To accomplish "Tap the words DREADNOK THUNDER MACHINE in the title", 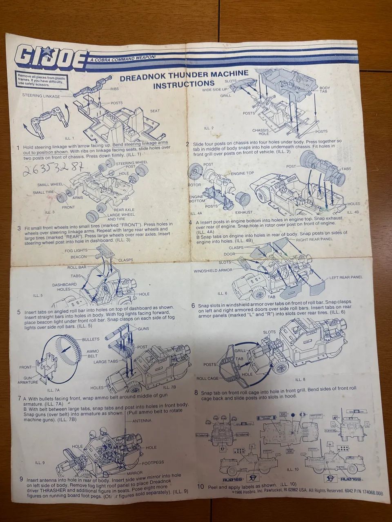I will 183,75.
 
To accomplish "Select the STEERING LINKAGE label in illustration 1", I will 41,96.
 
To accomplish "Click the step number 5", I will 19,312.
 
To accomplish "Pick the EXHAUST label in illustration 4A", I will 243,212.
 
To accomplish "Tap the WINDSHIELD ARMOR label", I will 213,270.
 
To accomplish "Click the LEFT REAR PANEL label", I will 346,277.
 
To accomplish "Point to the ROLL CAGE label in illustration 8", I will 208,378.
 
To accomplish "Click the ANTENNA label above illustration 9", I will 142,421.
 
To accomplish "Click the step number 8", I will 196,393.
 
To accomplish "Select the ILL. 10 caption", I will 293,469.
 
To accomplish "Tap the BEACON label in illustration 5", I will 78,257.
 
